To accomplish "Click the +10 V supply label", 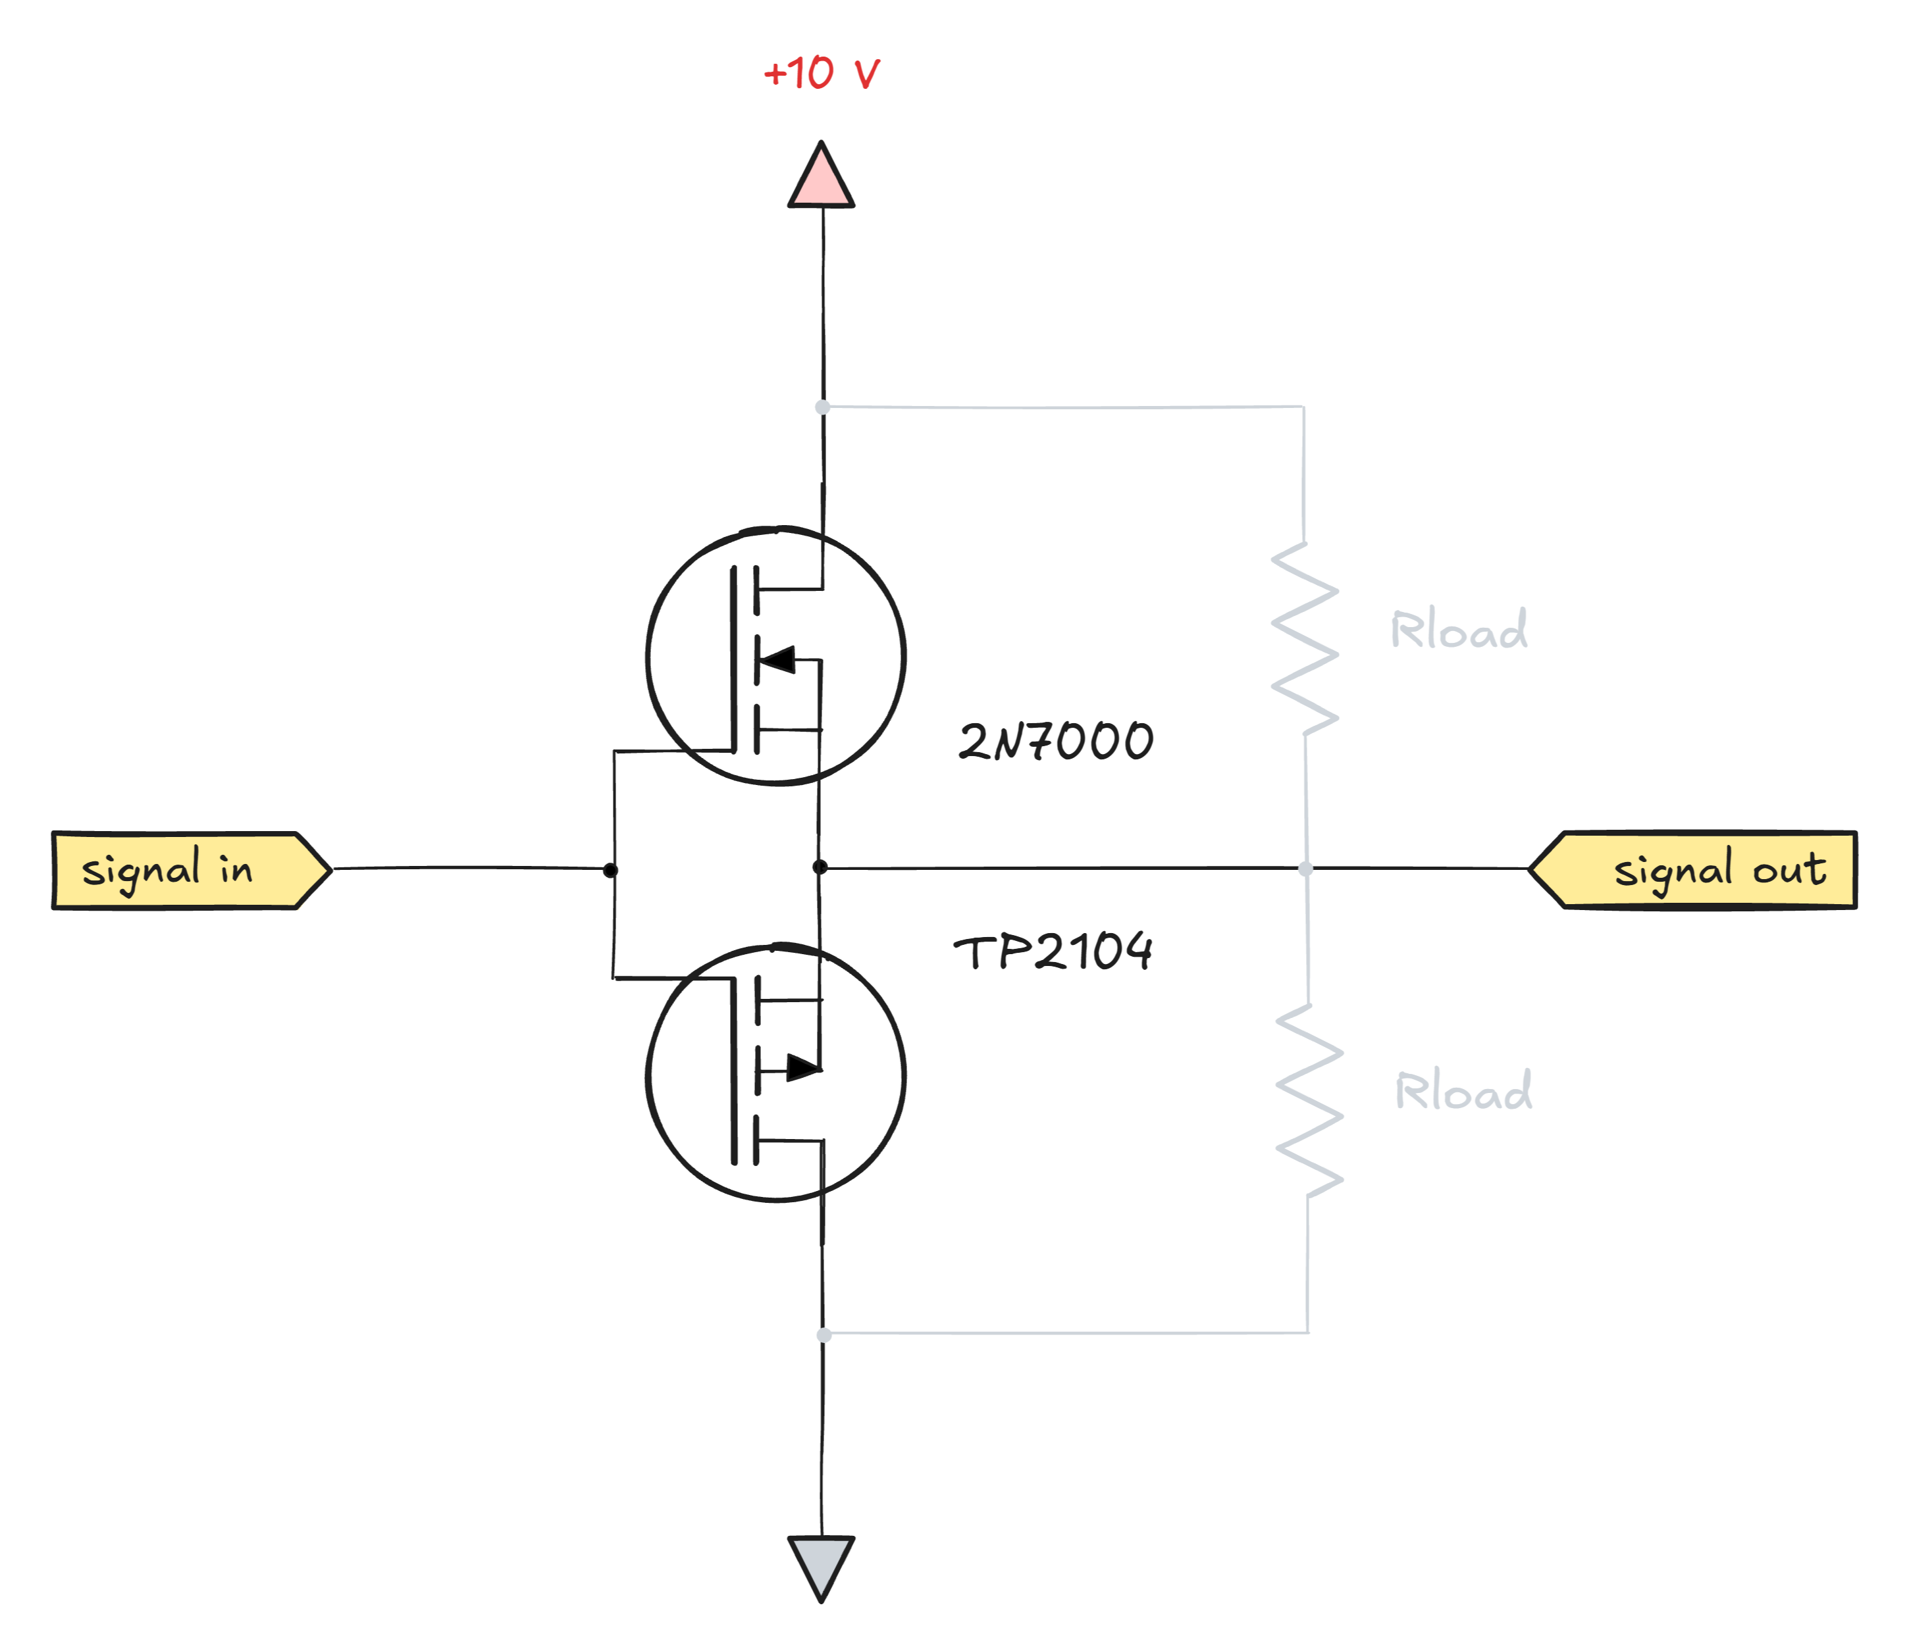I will coord(821,74).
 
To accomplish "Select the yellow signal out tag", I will coord(1700,871).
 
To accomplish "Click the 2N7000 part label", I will coord(1055,742).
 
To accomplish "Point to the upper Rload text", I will coord(1459,630).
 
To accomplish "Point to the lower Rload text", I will coord(1464,1091).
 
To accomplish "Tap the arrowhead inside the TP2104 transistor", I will coord(802,1069).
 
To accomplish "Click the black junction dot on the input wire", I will coord(610,870).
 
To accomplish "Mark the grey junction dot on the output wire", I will coord(1305,868).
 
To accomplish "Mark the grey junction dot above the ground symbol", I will coord(824,1334).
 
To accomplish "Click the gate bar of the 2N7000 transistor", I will coord(733,659).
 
